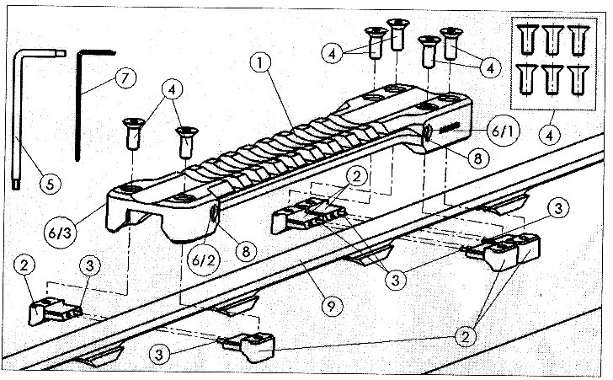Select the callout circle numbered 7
[x=124, y=78]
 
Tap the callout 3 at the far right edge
[x=557, y=206]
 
